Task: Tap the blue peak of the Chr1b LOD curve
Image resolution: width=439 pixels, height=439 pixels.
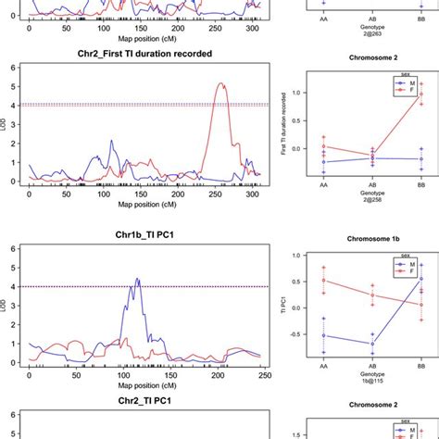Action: tap(137, 278)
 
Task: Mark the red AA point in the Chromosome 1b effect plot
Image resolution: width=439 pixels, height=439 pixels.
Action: tap(321, 281)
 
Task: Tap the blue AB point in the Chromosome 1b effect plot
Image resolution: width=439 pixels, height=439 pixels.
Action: tap(371, 344)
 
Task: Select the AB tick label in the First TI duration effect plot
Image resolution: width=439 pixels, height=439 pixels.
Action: tap(371, 191)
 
